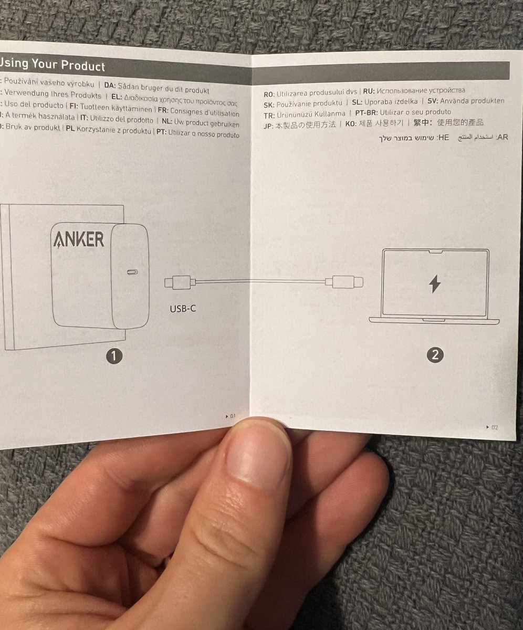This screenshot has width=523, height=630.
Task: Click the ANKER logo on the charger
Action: coord(78,239)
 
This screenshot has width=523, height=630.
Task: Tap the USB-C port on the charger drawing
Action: coord(132,272)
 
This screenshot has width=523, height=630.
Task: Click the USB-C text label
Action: coord(183,309)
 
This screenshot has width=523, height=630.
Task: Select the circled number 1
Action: coord(114,356)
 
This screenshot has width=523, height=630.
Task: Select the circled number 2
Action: coord(434,355)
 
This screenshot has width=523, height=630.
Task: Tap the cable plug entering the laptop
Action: coord(347,282)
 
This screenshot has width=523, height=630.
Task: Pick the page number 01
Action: coord(232,416)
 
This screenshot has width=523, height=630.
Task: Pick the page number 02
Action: coord(494,427)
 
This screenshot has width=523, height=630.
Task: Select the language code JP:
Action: coord(269,125)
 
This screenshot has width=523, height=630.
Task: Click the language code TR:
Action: coord(269,113)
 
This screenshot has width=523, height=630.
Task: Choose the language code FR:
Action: coord(163,113)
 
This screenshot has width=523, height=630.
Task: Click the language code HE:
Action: coord(443,138)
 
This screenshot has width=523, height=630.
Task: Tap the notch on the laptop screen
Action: coord(434,252)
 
